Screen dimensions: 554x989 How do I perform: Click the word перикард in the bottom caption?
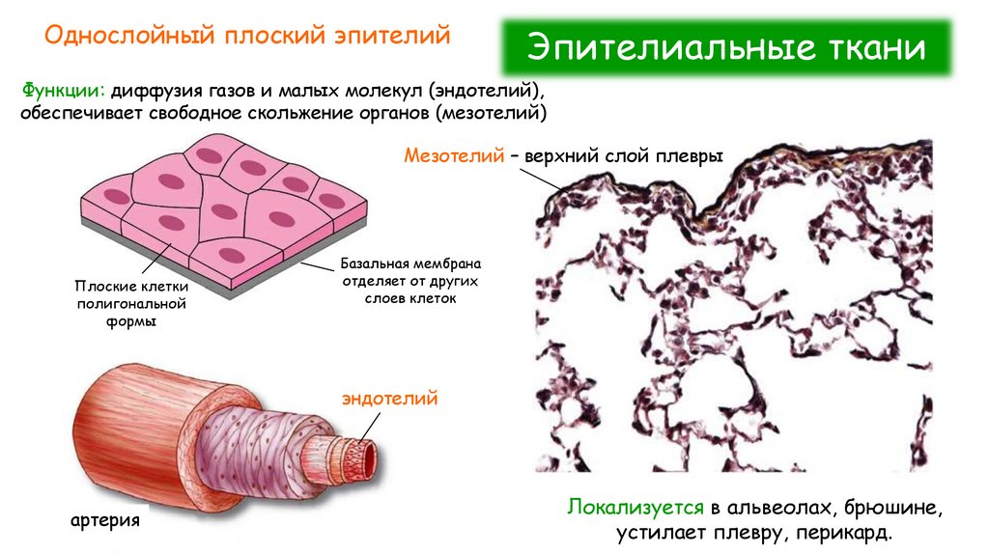click(x=855, y=532)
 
